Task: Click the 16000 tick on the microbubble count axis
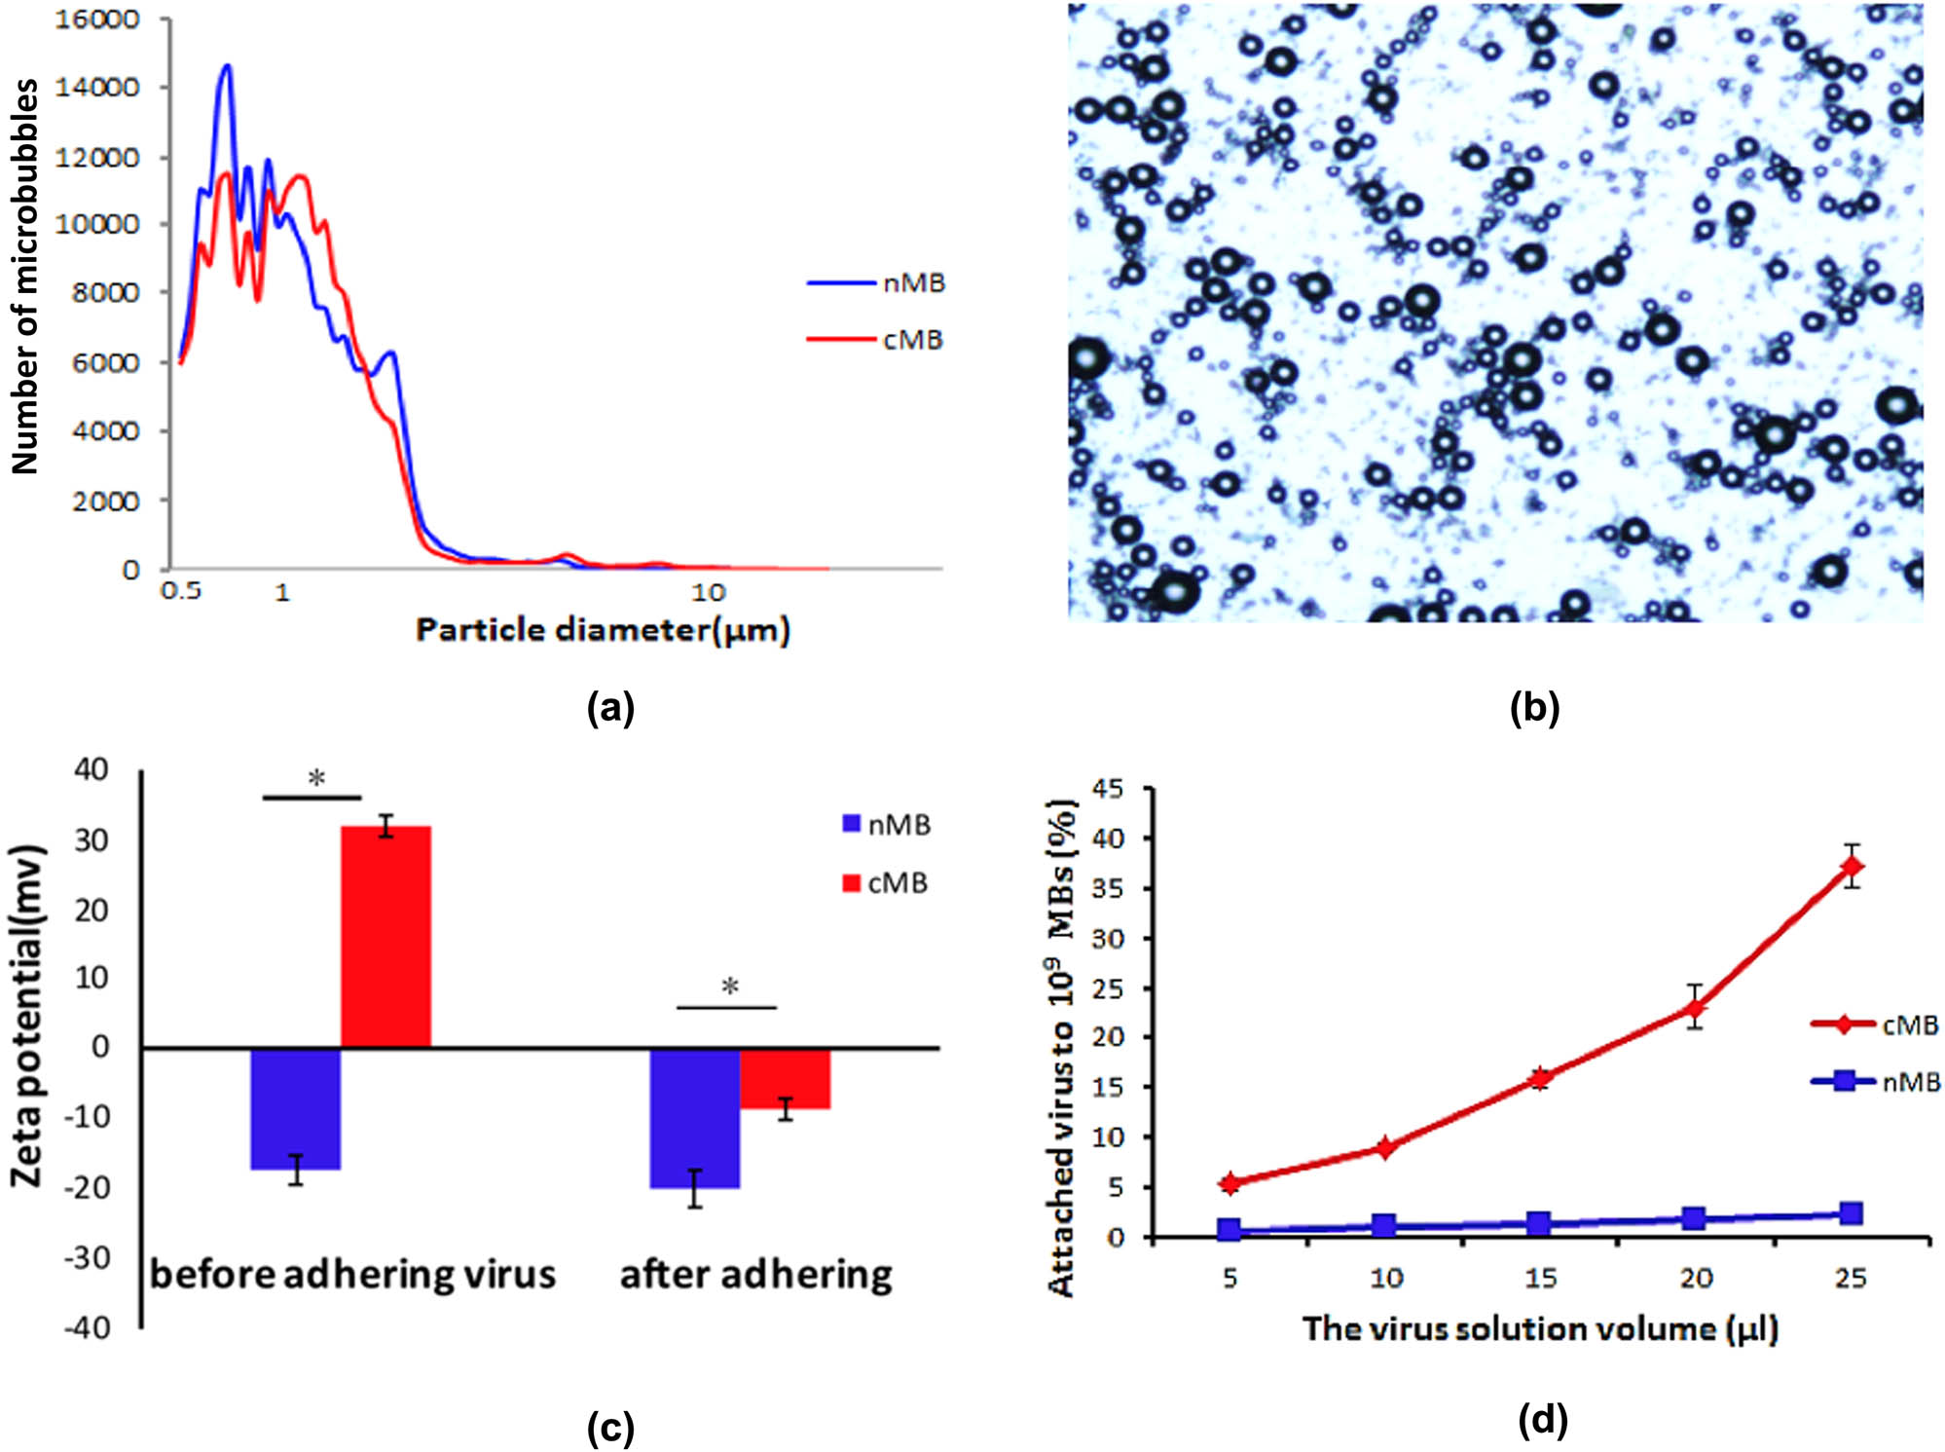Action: click(96, 19)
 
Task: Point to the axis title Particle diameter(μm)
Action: click(603, 630)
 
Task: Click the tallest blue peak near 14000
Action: click(227, 67)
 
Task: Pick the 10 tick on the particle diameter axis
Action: click(709, 592)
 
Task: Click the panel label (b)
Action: click(1534, 707)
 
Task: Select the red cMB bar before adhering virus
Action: click(385, 936)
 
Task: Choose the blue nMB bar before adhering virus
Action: click(296, 1108)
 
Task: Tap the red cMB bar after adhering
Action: click(785, 1078)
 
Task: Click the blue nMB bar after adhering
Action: click(694, 1117)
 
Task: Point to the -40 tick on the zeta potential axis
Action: click(87, 1327)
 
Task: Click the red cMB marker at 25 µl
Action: click(1852, 866)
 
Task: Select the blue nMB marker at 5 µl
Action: click(1229, 1230)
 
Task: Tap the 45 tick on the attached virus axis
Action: click(1110, 788)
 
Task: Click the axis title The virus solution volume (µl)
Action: click(1540, 1328)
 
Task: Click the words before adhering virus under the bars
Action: click(352, 1274)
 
